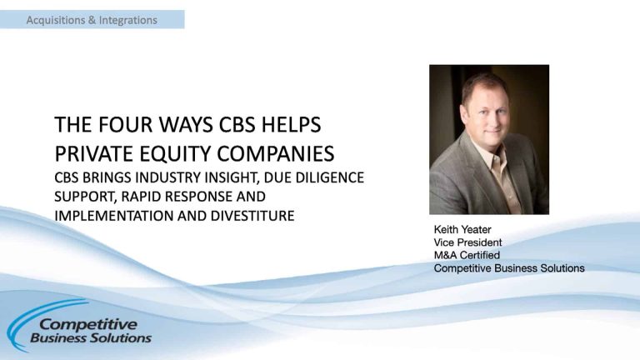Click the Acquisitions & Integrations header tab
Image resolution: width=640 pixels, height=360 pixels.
pos(92,19)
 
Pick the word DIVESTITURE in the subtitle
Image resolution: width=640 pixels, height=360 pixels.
pos(249,217)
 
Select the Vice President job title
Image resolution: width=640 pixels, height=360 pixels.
pos(467,242)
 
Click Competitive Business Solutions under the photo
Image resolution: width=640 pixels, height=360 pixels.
pos(508,268)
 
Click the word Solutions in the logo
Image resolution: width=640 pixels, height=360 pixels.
pos(123,338)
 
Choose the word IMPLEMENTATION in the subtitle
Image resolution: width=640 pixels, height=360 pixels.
pos(109,217)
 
